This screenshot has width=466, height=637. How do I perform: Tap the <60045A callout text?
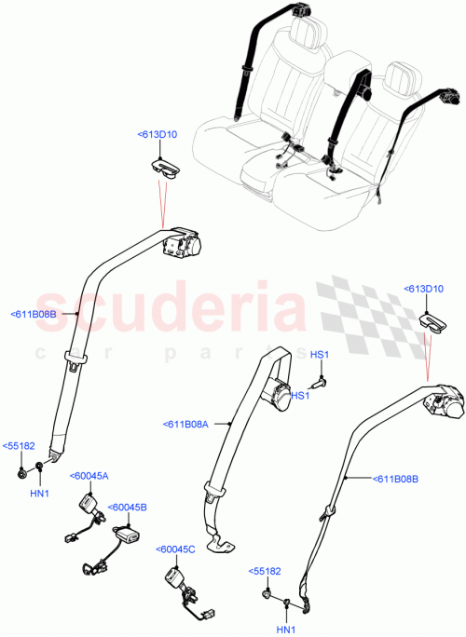[89, 476]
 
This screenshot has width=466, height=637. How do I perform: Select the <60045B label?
[128, 508]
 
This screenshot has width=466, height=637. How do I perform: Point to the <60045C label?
[176, 549]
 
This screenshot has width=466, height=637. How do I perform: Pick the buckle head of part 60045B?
[124, 536]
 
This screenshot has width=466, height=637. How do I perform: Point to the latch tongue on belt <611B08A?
[216, 489]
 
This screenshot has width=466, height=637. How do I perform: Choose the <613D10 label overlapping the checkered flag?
[424, 290]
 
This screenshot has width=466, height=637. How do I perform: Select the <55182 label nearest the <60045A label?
[20, 446]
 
